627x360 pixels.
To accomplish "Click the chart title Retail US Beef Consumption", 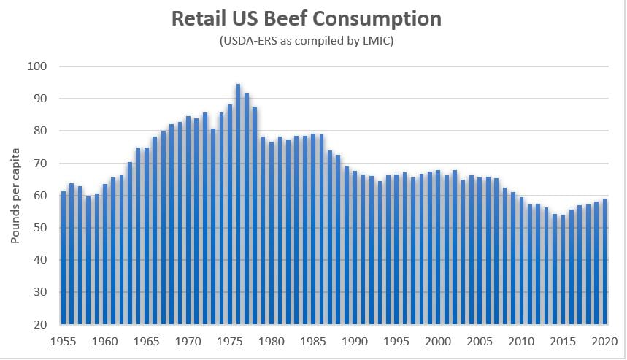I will [x=307, y=18].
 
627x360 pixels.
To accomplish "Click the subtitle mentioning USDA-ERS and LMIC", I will [x=307, y=42].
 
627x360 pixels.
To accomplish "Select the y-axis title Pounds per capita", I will [x=15, y=195].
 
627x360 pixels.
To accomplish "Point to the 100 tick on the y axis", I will [x=36, y=66].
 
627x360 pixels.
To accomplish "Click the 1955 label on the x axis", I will [x=64, y=340].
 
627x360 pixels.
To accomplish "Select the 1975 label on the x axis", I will [x=230, y=340].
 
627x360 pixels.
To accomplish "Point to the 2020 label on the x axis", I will [x=604, y=340].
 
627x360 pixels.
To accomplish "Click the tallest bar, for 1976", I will [x=238, y=204].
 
